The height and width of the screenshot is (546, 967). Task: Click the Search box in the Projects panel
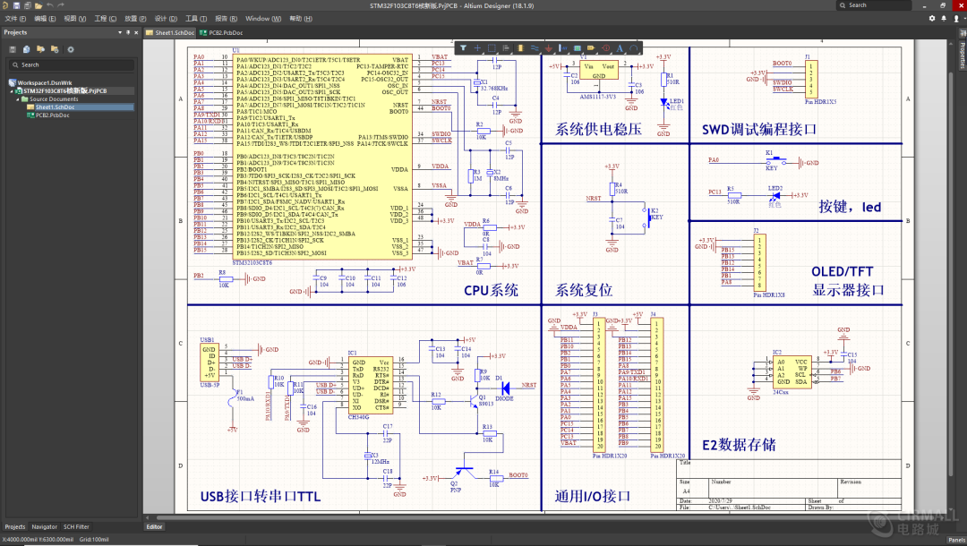click(x=72, y=64)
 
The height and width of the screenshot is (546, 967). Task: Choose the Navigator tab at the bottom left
click(x=45, y=527)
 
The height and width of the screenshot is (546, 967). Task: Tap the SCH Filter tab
click(x=76, y=527)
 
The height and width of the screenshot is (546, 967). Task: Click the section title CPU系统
click(x=491, y=290)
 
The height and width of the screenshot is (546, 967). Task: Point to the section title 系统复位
click(x=584, y=290)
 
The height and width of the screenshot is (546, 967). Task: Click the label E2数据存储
click(x=739, y=445)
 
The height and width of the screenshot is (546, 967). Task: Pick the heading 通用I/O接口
click(x=593, y=496)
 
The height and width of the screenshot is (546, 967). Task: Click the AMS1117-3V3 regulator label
click(x=597, y=96)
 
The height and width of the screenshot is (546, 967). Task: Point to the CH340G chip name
click(x=359, y=417)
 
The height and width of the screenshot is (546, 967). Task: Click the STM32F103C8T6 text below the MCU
click(x=253, y=263)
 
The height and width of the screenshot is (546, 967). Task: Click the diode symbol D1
click(x=504, y=388)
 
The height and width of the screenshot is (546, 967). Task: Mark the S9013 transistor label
click(x=486, y=404)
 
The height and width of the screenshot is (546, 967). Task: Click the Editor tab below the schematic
click(x=155, y=527)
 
